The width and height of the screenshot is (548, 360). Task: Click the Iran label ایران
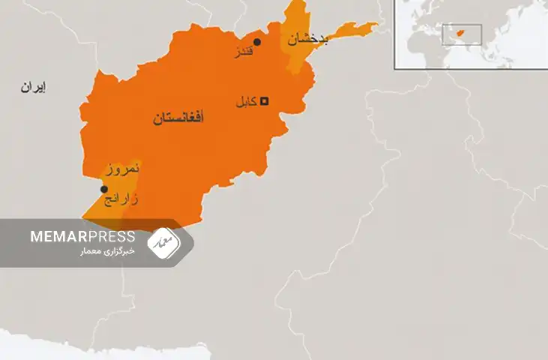pyautogui.click(x=33, y=88)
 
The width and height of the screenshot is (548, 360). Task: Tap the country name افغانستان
pyautogui.click(x=178, y=118)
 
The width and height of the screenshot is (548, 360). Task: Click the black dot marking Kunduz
pyautogui.click(x=257, y=42)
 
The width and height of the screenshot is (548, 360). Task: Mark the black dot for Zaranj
pyautogui.click(x=104, y=189)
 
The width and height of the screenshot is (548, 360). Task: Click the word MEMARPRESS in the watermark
pyautogui.click(x=82, y=236)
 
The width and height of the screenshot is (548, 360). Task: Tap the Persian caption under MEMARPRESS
pyautogui.click(x=108, y=251)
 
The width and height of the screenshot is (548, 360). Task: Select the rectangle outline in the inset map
pyautogui.click(x=461, y=34)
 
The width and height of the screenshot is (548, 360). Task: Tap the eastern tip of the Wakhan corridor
pyautogui.click(x=375, y=27)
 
